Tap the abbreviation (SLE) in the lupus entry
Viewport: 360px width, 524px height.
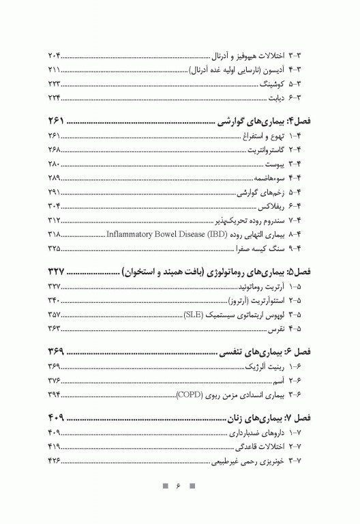coord(193,315)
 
